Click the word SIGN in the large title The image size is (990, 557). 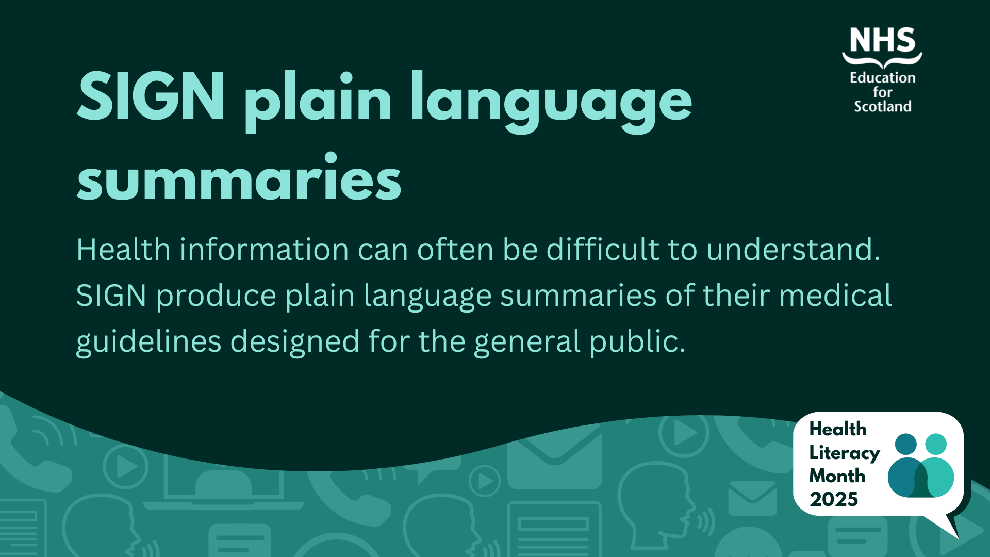[151, 96]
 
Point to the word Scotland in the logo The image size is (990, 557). [882, 106]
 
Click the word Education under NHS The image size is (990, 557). [882, 78]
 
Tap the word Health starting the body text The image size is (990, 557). [123, 250]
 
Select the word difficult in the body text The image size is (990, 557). [602, 249]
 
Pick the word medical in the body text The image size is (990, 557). [835, 295]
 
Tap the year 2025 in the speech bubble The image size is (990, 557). [833, 499]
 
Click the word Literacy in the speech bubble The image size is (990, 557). [844, 453]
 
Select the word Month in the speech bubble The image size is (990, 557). [837, 476]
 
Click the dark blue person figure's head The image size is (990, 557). [906, 444]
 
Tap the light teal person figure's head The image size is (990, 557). [936, 444]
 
